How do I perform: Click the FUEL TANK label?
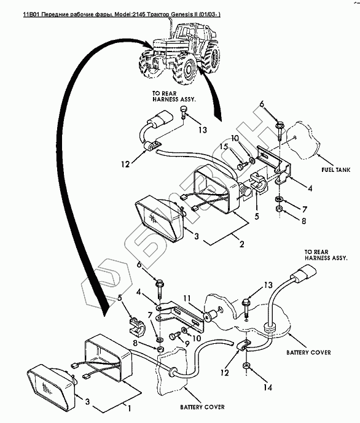(335, 169)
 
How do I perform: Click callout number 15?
(224, 147)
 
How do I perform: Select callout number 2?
(242, 244)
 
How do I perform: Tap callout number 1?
(129, 408)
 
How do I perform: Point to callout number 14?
(268, 387)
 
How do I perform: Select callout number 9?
(187, 344)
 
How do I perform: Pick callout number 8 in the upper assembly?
(304, 221)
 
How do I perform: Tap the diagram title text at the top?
(122, 14)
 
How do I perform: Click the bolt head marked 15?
(242, 165)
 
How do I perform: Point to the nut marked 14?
(246, 366)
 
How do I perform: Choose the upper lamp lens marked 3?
(160, 217)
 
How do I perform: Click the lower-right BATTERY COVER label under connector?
(308, 352)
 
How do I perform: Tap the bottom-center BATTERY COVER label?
(202, 407)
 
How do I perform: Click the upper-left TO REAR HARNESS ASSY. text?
(174, 96)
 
